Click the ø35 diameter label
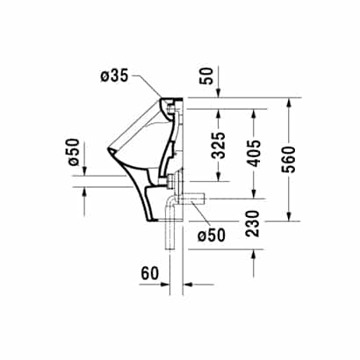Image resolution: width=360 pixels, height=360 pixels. tap(114, 76)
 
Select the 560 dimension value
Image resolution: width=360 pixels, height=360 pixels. tap(289, 159)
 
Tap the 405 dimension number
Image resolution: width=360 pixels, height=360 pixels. tap(253, 153)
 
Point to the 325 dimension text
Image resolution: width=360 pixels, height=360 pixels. tap(219, 146)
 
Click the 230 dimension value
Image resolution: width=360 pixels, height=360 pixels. tap(253, 223)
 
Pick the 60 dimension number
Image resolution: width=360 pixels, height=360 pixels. tap(149, 273)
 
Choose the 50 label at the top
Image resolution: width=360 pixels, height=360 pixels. tap(207, 76)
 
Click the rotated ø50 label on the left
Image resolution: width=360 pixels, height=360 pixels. tap(74, 152)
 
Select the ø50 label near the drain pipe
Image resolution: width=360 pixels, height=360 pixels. tap(212, 234)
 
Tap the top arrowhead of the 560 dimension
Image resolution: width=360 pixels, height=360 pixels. tap(289, 104)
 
